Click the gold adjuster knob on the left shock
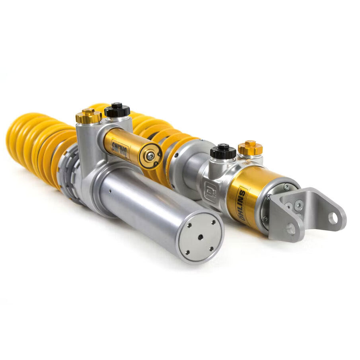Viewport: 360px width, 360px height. click(88, 116)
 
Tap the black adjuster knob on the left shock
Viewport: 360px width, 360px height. click(117, 110)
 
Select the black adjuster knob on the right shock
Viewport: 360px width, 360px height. click(223, 152)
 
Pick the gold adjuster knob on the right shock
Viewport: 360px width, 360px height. click(250, 148)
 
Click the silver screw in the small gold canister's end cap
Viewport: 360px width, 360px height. click(150, 156)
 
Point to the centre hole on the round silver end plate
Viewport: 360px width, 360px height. click(200, 237)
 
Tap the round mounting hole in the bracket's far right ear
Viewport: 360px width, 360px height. click(333, 218)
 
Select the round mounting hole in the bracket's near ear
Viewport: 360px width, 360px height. click(291, 229)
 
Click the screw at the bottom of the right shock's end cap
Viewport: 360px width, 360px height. click(265, 218)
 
